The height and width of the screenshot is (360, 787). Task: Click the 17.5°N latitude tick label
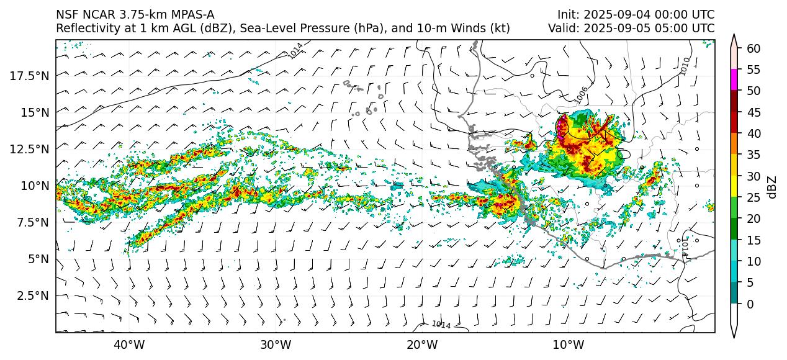coord(29,75)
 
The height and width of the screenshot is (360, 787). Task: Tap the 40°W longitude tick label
coord(129,344)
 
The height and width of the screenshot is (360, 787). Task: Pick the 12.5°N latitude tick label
coord(29,149)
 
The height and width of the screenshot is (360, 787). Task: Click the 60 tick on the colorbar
coord(753,48)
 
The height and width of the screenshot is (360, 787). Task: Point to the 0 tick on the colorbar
coord(750,304)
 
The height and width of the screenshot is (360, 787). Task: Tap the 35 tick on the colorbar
coord(753,155)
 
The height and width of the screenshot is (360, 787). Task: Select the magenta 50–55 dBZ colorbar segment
coord(734,80)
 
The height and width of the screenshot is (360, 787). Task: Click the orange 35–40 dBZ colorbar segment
coord(734,144)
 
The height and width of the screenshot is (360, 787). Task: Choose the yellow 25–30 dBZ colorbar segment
coord(734,186)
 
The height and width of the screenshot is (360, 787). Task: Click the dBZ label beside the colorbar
coord(772,187)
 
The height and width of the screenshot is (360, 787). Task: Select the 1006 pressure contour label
coord(581,94)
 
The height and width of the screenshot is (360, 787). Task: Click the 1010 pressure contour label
coord(685,66)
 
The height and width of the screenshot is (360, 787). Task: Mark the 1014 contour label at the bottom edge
coord(441,325)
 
